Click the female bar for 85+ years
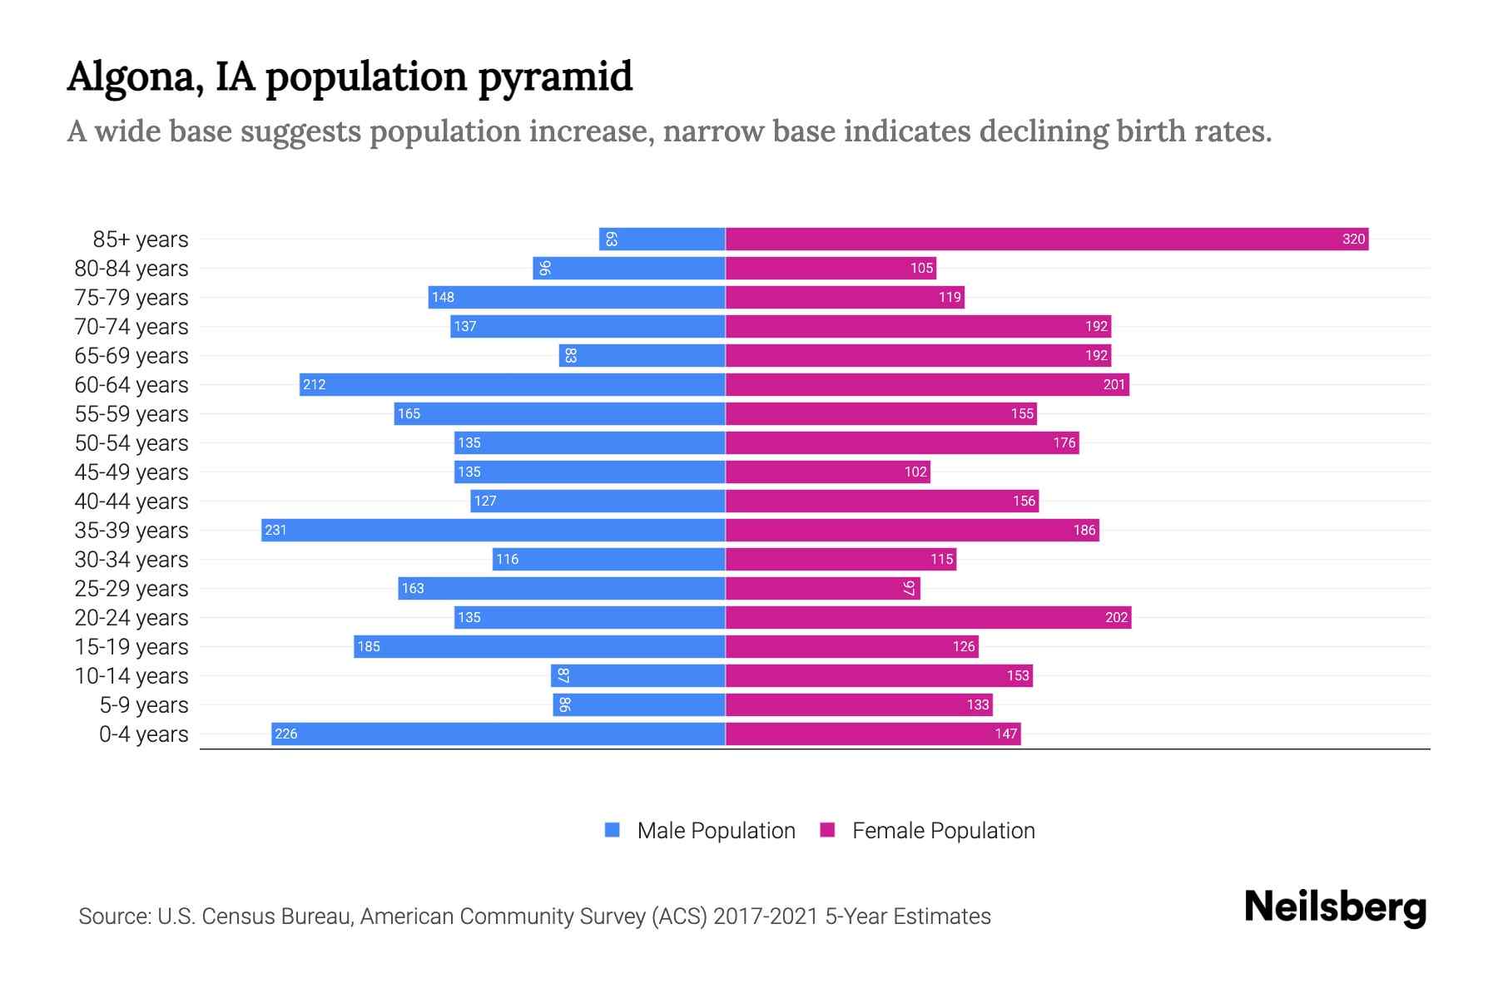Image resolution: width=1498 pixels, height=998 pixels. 1046,240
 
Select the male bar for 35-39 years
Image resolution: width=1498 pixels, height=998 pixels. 493,531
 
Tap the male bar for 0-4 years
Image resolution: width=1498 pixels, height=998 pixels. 498,734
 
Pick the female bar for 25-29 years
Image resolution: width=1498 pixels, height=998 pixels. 822,589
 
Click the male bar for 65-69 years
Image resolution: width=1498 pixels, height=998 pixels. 642,356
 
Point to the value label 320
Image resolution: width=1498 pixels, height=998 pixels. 1353,240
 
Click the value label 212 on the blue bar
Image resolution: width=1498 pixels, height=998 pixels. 315,385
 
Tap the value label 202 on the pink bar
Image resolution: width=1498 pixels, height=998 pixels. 1116,618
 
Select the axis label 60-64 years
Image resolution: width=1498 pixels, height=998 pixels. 131,385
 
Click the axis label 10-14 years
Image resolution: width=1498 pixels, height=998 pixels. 131,676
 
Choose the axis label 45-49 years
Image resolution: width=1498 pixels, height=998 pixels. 131,472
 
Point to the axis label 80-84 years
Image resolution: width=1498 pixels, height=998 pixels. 131,269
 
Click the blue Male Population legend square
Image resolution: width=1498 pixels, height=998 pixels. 613,830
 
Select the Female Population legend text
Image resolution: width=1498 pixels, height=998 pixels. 943,831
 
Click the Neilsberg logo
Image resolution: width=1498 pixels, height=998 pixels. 1335,907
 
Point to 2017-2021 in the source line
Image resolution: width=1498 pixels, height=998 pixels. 766,916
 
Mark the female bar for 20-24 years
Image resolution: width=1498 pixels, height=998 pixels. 928,618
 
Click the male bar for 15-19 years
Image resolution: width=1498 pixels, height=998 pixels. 539,647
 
